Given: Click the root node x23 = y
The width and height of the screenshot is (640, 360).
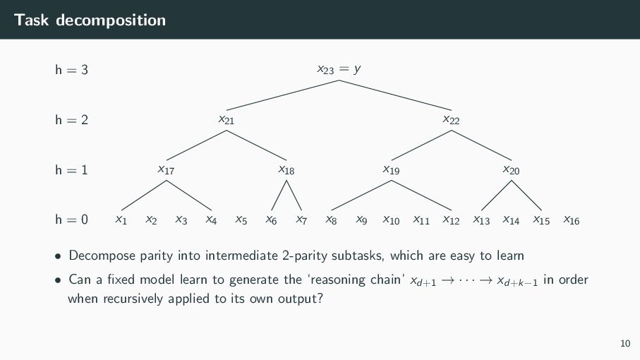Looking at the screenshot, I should click(x=339, y=69).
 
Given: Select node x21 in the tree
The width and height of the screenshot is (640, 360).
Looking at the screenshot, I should click(x=226, y=119).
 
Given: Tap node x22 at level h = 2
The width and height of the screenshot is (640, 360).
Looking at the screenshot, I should click(x=451, y=119).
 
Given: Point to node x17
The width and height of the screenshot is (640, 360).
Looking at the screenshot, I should click(x=166, y=169).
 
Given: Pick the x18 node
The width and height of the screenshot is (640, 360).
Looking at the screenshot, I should click(x=286, y=169).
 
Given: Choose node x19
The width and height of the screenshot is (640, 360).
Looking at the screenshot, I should click(x=391, y=169).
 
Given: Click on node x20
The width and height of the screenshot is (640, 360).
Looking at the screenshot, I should click(x=511, y=169).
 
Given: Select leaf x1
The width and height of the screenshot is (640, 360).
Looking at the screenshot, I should click(x=121, y=220).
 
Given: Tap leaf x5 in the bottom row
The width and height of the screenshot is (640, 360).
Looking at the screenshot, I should click(x=241, y=220).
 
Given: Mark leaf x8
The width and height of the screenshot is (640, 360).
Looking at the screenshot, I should click(x=331, y=220).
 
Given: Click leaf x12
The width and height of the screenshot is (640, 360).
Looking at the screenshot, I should click(x=451, y=220).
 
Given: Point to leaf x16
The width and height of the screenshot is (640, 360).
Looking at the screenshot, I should click(x=571, y=220).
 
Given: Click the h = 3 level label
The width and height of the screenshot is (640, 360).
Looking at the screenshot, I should click(x=71, y=70).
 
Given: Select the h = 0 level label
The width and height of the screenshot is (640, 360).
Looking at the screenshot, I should click(x=71, y=220).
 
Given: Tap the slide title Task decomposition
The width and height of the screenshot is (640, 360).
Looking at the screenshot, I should click(x=90, y=20).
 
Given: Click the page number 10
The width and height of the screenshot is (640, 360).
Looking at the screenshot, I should click(x=624, y=344).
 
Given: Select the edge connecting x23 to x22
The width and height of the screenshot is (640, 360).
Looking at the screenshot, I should click(x=396, y=95).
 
